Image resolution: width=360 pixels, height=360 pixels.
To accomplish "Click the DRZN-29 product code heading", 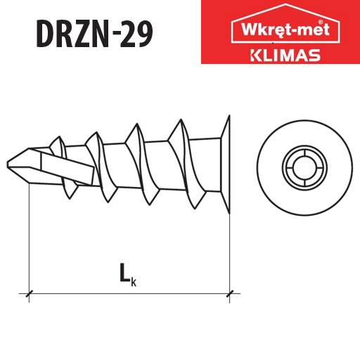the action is pyautogui.click(x=94, y=34).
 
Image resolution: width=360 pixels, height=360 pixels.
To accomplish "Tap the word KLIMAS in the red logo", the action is pyautogui.click(x=285, y=56).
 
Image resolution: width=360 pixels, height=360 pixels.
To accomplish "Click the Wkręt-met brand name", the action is pyautogui.click(x=285, y=30).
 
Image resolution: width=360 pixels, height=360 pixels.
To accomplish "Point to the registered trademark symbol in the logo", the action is pyautogui.click(x=321, y=22).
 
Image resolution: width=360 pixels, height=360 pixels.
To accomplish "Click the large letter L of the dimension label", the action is pyautogui.click(x=124, y=272).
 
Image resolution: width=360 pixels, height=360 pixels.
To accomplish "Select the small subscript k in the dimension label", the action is pyautogui.click(x=134, y=282).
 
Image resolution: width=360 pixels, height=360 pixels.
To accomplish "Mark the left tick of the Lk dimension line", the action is pyautogui.click(x=29, y=293).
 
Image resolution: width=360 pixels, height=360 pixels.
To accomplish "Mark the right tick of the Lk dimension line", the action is pyautogui.click(x=230, y=293).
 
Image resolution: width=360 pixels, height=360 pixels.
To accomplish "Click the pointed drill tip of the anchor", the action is pyautogui.click(x=8, y=165).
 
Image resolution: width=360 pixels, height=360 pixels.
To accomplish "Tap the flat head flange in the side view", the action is pyautogui.click(x=226, y=165).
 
